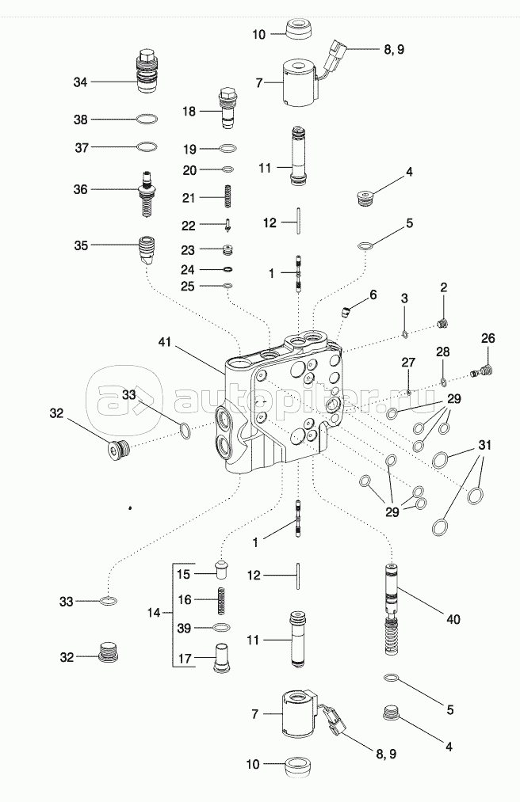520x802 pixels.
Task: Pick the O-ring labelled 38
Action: click(147, 120)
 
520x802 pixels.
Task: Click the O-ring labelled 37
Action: click(147, 147)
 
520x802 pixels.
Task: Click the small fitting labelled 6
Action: click(346, 310)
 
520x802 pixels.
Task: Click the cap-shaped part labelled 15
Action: click(223, 570)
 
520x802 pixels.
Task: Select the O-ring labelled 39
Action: click(223, 628)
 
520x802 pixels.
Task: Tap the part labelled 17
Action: click(223, 659)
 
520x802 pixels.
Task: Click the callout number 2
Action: click(444, 287)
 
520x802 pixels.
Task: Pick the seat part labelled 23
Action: click(227, 250)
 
